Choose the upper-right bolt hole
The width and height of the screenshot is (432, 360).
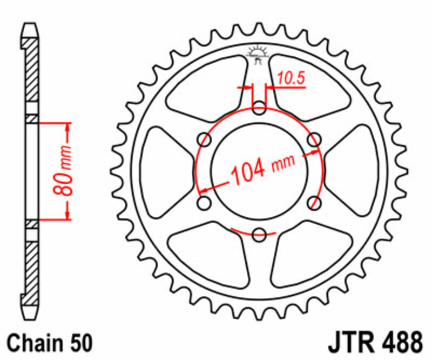click(314, 141)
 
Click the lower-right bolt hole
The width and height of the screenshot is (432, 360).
click(314, 203)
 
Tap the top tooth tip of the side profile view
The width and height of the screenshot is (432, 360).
click(30, 25)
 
